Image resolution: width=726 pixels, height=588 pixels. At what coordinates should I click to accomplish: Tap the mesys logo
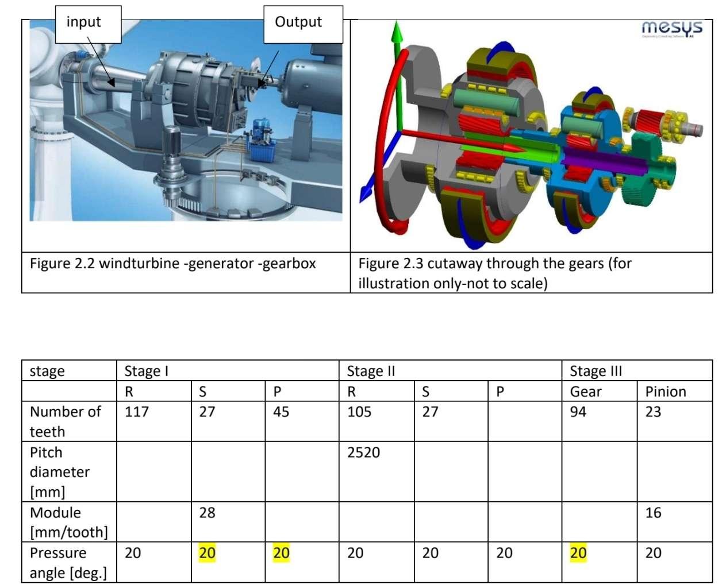pos(671,28)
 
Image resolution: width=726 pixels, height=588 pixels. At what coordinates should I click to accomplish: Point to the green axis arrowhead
pos(395,32)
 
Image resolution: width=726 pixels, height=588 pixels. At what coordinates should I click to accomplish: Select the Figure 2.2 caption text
pos(172,264)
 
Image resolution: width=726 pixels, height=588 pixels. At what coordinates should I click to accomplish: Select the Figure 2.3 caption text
pos(494,273)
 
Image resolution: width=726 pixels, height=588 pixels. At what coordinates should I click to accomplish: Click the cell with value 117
pos(137,412)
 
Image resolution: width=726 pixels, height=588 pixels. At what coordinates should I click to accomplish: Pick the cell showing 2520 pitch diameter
pos(363,452)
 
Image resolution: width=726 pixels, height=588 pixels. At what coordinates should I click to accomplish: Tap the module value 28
pos(207,513)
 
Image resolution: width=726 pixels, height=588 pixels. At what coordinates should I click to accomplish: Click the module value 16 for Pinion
pos(653,513)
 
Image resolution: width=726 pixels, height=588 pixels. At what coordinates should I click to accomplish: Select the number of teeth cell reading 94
pos(578,412)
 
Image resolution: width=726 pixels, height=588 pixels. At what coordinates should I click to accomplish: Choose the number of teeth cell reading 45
pos(281,412)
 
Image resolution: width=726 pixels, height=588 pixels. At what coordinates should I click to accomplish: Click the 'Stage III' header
pos(596,371)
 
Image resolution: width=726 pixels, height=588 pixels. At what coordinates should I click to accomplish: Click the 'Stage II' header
pos(371,371)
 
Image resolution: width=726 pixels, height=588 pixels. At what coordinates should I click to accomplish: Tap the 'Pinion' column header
pos(666,392)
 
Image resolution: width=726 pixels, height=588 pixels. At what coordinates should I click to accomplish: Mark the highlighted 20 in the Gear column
pos(578,553)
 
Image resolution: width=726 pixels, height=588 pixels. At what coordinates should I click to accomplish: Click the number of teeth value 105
pos(359,412)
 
